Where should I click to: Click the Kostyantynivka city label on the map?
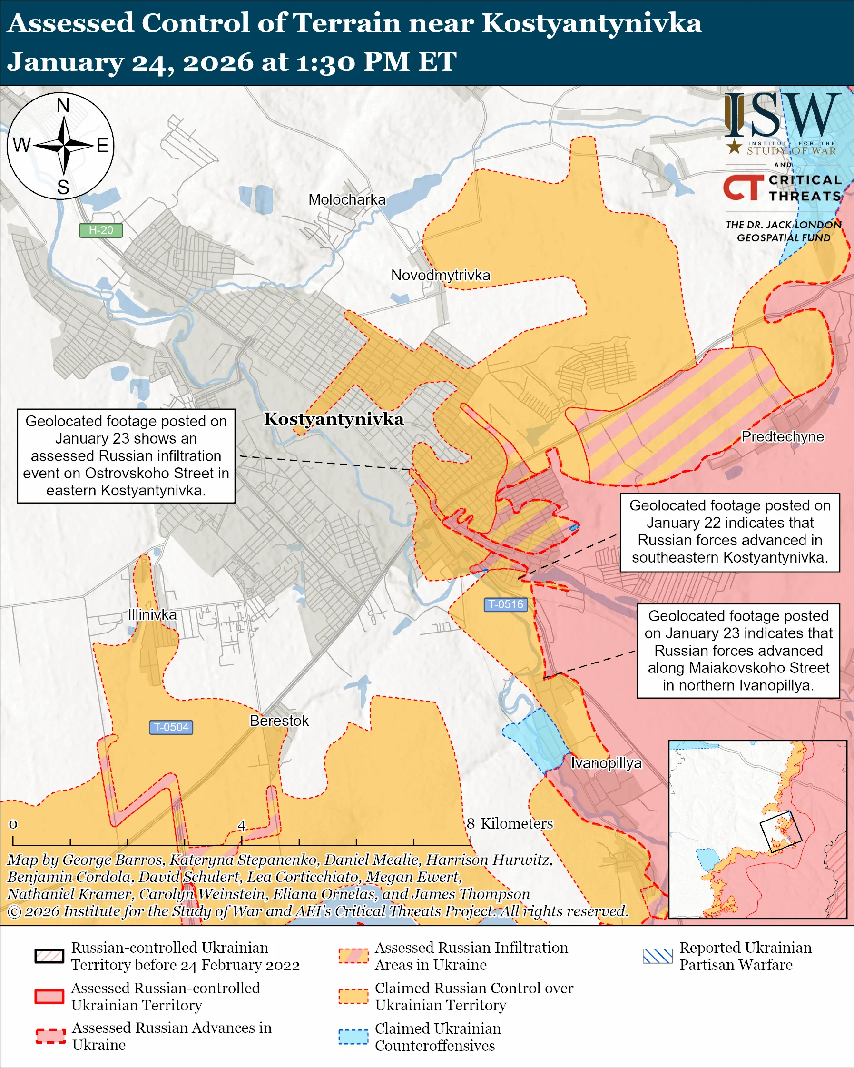(334, 419)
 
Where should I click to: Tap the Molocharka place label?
(346, 199)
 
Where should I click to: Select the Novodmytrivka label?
(440, 276)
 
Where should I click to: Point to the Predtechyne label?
(782, 436)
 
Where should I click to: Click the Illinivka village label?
(152, 614)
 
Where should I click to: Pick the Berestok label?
(279, 720)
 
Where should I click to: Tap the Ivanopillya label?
(606, 763)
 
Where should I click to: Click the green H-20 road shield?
(101, 230)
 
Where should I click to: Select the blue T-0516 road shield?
(505, 604)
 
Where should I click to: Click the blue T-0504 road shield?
(171, 727)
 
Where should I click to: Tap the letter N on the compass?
(63, 106)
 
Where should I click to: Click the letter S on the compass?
(63, 188)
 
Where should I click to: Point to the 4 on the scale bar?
(242, 825)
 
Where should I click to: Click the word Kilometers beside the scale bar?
(516, 823)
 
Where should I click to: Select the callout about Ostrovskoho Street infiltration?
(126, 456)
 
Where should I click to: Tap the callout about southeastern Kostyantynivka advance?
(729, 532)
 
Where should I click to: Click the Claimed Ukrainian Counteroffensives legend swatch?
(353, 1037)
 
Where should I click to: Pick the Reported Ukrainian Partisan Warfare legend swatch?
(658, 956)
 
